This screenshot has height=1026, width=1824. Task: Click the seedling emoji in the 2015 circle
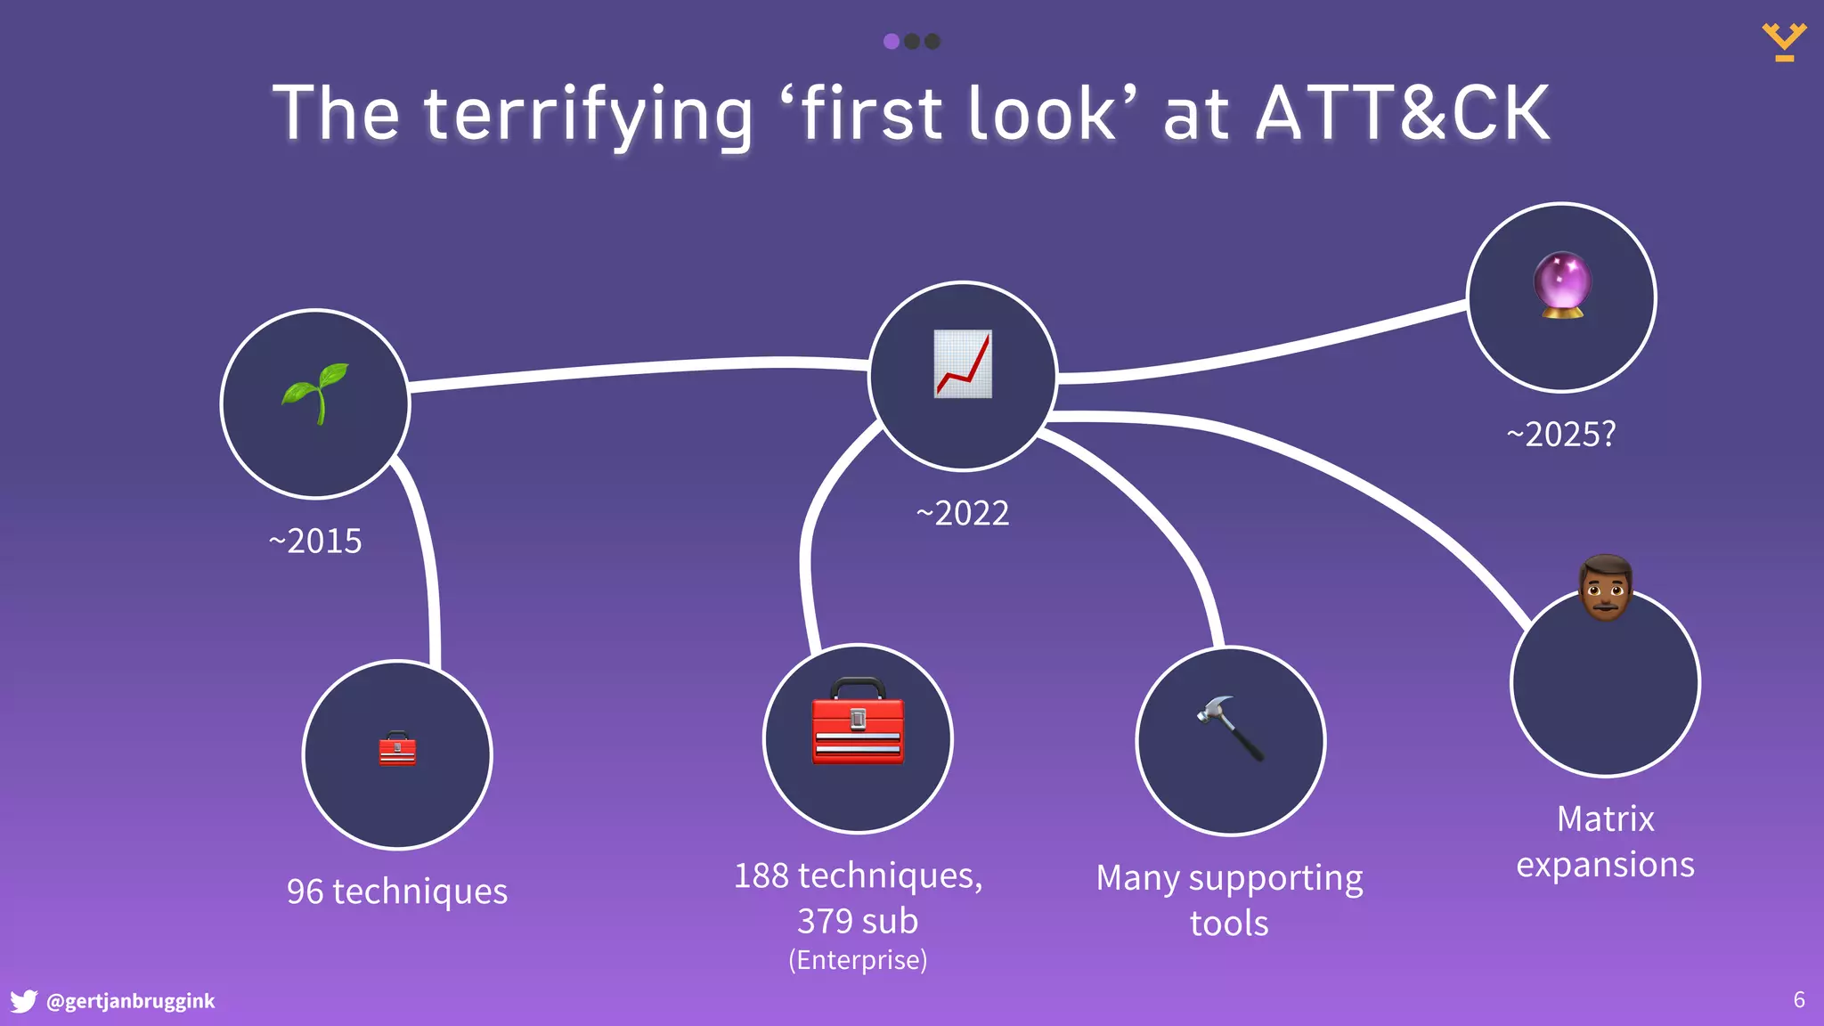pos(315,393)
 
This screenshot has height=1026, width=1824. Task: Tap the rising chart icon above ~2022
pos(963,364)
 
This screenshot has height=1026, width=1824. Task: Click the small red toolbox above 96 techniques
pos(397,749)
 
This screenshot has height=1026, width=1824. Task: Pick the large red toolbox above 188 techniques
pos(858,721)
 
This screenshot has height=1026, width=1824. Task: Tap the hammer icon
pos(1230,728)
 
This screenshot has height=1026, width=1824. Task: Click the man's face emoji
pos(1605,588)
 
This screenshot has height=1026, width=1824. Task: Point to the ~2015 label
pos(315,541)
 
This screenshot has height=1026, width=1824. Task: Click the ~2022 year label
pos(963,513)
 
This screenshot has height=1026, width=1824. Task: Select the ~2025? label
pos(1561,435)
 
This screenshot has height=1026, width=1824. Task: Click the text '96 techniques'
pos(397,892)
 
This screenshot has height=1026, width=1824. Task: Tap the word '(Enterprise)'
pos(858,960)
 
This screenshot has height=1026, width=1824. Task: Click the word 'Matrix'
pos(1605,818)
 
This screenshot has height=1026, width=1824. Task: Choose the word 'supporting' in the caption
pos(1275,879)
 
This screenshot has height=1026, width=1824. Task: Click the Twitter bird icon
pos(23,1001)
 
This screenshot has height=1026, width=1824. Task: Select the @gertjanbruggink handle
pos(130,1001)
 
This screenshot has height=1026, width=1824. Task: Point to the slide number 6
pos(1799,1000)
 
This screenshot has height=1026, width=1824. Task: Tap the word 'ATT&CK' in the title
pos(1403,113)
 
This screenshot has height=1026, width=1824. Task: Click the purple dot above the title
pos(892,41)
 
